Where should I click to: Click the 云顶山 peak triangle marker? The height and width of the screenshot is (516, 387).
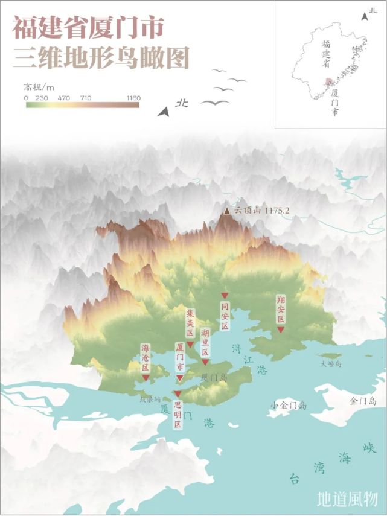click(227, 211)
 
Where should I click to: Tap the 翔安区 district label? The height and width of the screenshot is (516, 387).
click(281, 310)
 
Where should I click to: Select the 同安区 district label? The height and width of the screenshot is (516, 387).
click(225, 316)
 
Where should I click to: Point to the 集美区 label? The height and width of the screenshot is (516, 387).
click(190, 324)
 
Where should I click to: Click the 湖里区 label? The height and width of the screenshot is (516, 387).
click(205, 343)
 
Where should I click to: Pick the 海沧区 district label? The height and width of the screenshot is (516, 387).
click(145, 358)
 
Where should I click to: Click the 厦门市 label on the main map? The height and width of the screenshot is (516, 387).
click(179, 358)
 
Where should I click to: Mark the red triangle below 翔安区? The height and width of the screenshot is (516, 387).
click(281, 330)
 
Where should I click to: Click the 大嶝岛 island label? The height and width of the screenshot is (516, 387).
click(331, 364)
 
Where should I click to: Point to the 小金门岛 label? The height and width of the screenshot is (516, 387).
click(289, 405)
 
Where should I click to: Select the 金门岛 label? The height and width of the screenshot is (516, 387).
click(363, 401)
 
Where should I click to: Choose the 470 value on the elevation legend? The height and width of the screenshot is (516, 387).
click(64, 97)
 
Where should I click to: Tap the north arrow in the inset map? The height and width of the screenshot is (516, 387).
click(365, 16)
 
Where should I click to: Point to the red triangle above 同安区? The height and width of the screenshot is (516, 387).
click(225, 295)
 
